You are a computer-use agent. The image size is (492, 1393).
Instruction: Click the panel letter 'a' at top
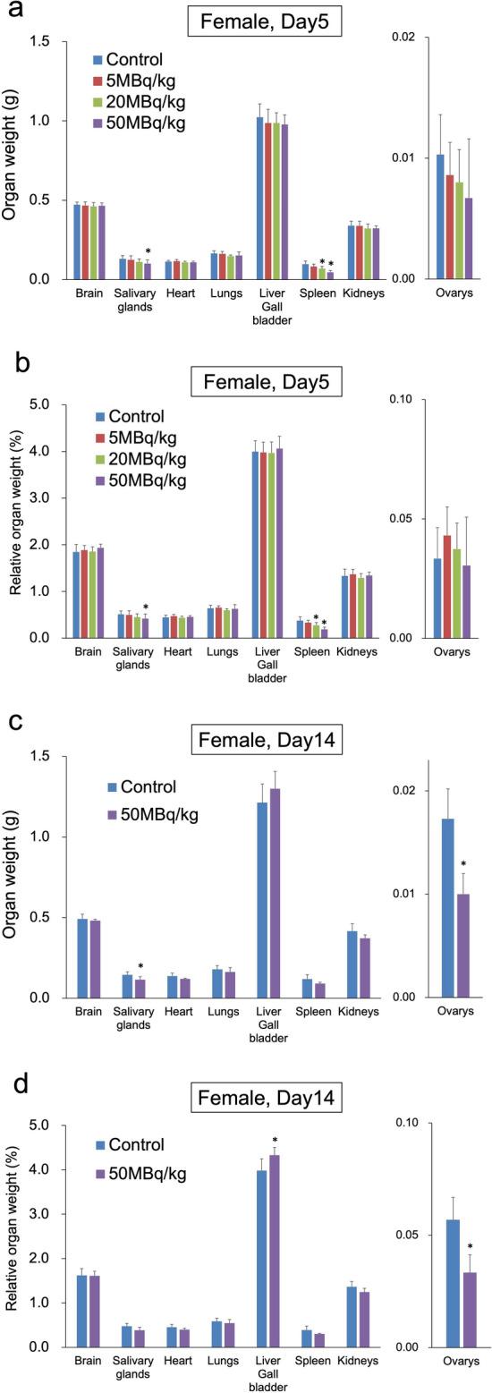point(15,13)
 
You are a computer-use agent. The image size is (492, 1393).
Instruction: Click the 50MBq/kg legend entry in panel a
point(145,123)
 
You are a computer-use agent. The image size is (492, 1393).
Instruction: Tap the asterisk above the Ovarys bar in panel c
point(464,864)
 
